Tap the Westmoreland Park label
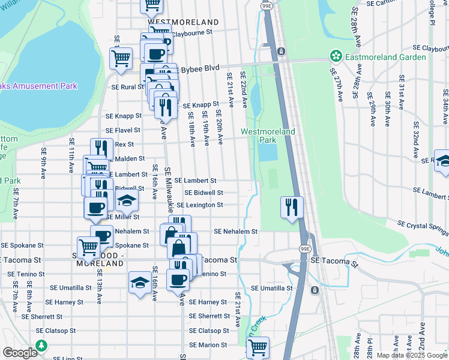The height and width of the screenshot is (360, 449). (259, 136)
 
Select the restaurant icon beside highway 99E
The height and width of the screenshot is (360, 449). (292, 208)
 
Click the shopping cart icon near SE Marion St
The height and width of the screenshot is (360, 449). (258, 347)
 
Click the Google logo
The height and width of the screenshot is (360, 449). (20, 353)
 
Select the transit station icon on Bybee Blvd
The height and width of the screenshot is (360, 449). (280, 52)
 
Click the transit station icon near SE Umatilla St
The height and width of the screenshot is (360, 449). (314, 290)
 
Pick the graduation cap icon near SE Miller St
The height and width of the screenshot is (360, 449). (127, 200)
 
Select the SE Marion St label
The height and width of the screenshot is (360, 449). (209, 345)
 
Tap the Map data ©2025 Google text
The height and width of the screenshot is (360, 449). (411, 355)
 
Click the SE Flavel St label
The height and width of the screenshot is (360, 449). (122, 130)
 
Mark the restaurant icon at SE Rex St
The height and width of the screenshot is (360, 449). (102, 149)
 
